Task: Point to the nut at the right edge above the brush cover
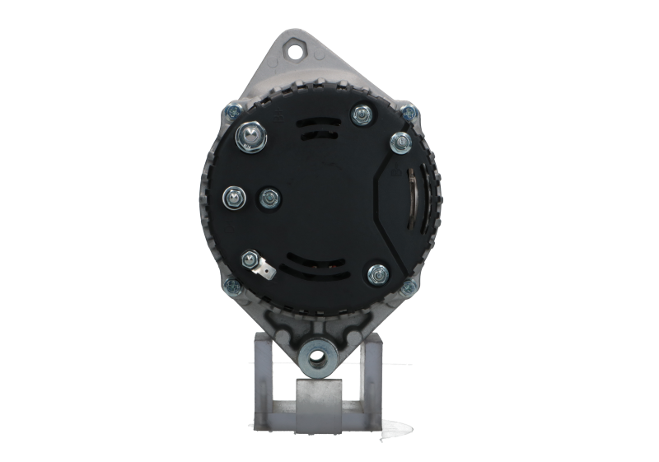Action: pos(399,142)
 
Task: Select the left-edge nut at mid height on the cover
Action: pos(232,195)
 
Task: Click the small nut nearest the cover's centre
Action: pos(267,198)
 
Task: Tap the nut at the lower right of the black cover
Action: pos(378,273)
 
